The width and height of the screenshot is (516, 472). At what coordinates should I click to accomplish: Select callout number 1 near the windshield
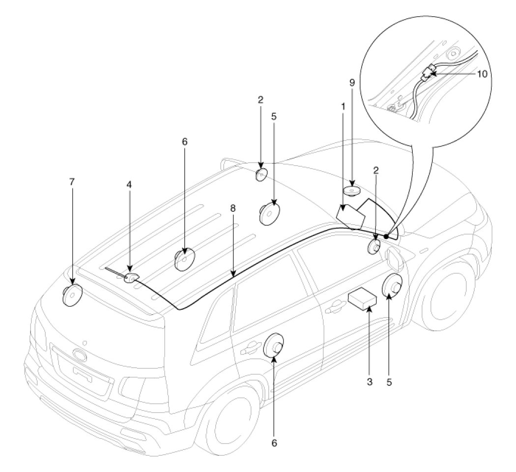pyautogui.click(x=343, y=106)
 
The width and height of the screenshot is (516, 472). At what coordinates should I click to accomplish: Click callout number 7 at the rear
pyautogui.click(x=72, y=182)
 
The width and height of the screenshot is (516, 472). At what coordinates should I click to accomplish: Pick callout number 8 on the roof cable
pyautogui.click(x=232, y=208)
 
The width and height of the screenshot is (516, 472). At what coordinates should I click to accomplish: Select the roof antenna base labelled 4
pyautogui.click(x=132, y=279)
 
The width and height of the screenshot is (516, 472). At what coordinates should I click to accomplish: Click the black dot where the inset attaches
pyautogui.click(x=386, y=236)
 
